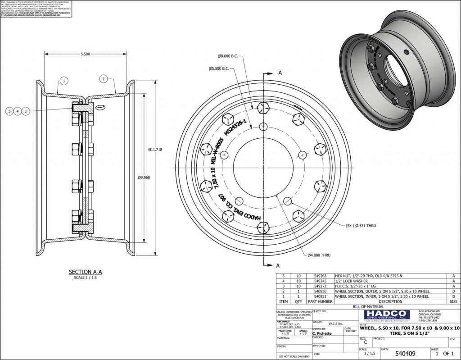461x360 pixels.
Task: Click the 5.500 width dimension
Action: (x=85, y=54)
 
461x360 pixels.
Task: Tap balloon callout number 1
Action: (x=64, y=81)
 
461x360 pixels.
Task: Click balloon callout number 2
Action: (x=103, y=79)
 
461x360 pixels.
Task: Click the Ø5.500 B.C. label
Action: (x=219, y=68)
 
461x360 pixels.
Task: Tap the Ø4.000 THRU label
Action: (x=319, y=255)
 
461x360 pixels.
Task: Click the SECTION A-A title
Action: (x=85, y=272)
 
